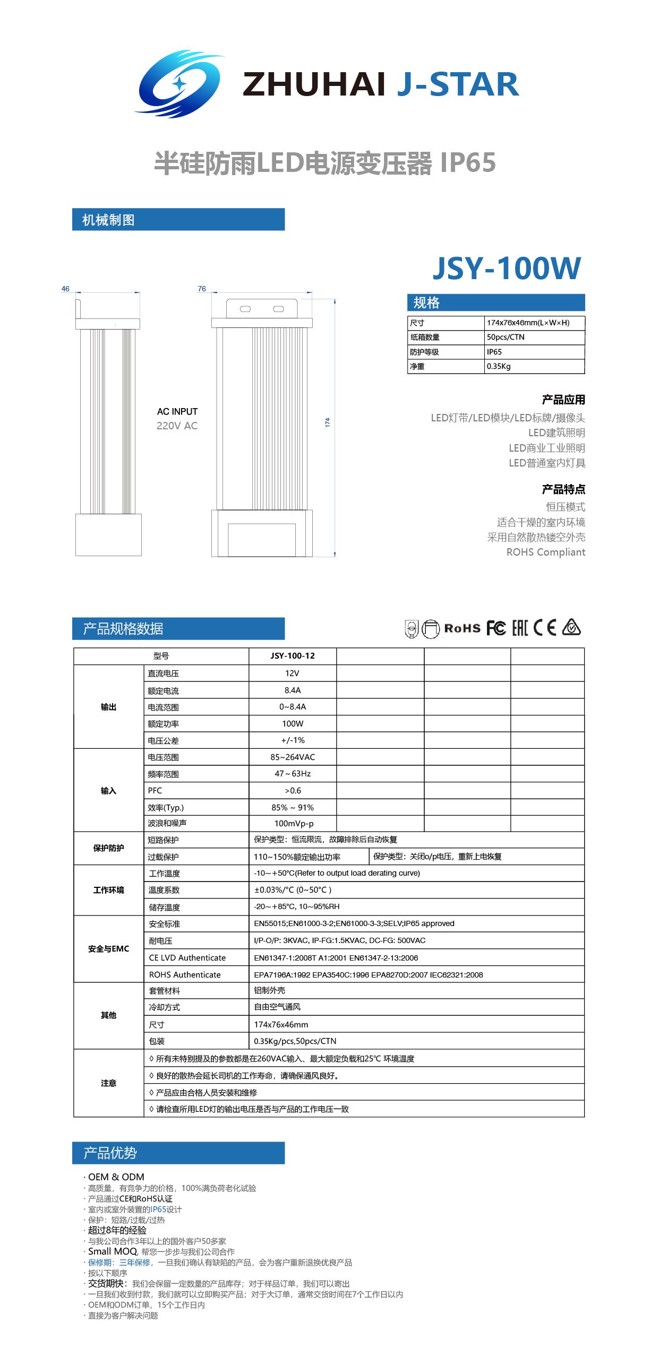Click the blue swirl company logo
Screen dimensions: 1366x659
point(179,84)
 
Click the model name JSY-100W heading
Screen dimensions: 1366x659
point(507,269)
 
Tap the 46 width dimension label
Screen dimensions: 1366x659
point(65,289)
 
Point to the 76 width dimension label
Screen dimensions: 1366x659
point(202,289)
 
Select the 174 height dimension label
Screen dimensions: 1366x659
point(328,422)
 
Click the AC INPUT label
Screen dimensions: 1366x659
point(177,412)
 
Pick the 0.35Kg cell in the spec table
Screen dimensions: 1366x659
point(499,366)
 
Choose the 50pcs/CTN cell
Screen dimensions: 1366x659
point(506,337)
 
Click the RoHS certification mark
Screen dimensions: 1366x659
point(462,628)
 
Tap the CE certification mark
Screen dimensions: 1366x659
point(545,628)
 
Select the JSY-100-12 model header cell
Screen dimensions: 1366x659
point(293,656)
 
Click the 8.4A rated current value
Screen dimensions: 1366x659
point(293,690)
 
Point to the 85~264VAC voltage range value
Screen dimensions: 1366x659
point(293,757)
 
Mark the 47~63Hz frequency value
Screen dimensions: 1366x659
point(293,774)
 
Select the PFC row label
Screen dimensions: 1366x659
point(155,791)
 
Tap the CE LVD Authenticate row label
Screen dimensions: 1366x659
point(187,958)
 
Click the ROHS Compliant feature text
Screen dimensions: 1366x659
point(545,552)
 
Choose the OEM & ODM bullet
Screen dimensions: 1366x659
point(116,1177)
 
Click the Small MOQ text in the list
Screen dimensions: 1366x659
point(113,1251)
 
